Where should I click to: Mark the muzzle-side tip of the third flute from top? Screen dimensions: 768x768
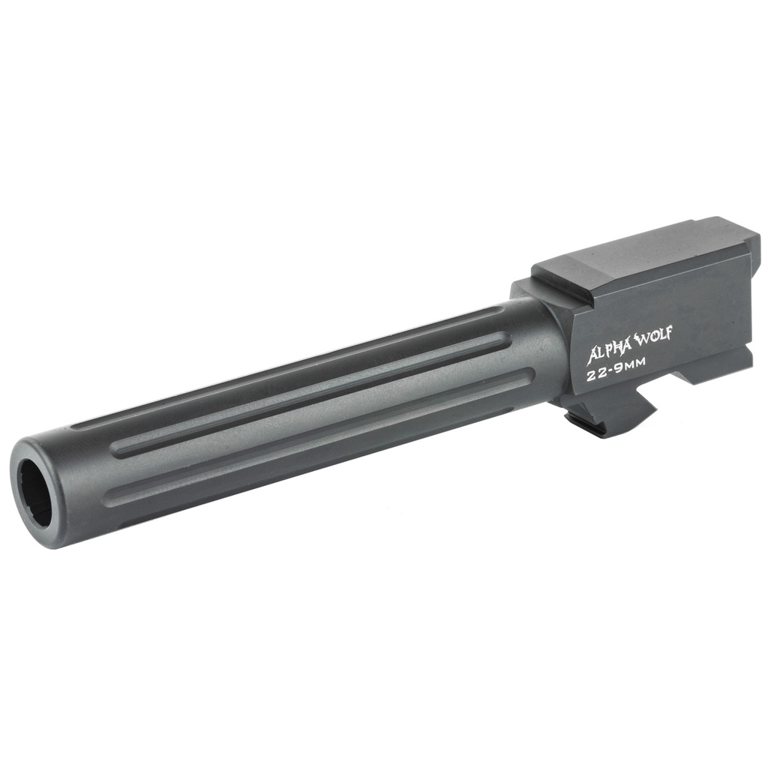(111, 497)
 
